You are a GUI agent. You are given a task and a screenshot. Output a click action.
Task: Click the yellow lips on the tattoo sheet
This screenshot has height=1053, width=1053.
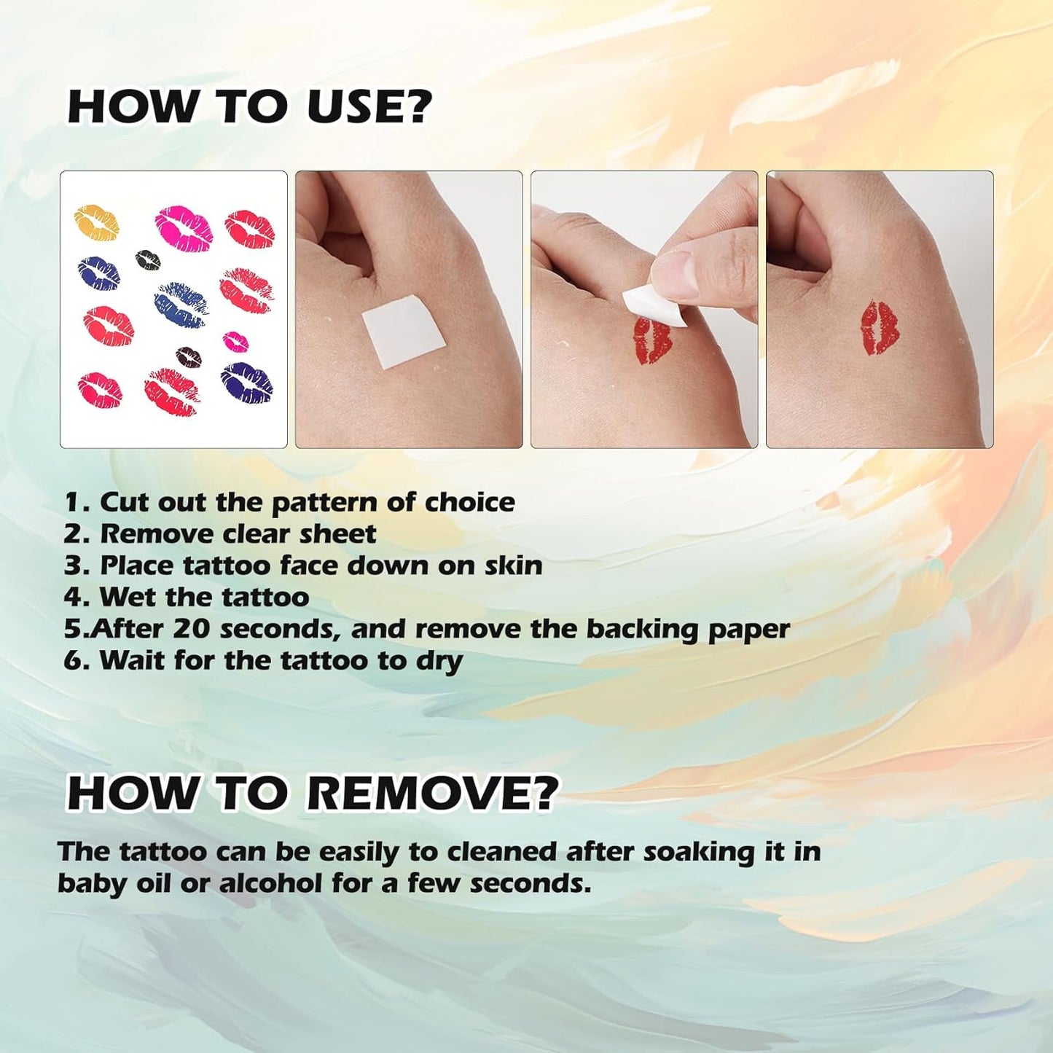[97, 222]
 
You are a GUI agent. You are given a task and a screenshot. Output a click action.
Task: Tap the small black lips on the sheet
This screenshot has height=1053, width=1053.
[148, 258]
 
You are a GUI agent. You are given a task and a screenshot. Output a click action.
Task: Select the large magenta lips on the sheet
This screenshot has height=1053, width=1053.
[184, 228]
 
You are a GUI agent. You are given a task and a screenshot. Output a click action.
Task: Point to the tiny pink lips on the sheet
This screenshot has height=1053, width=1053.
[235, 341]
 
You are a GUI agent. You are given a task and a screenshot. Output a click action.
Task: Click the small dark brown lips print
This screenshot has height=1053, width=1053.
[189, 356]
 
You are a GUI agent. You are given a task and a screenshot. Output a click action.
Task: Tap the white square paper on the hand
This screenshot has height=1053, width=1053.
[403, 325]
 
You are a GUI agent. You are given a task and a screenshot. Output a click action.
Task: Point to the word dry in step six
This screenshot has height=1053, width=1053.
[439, 661]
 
